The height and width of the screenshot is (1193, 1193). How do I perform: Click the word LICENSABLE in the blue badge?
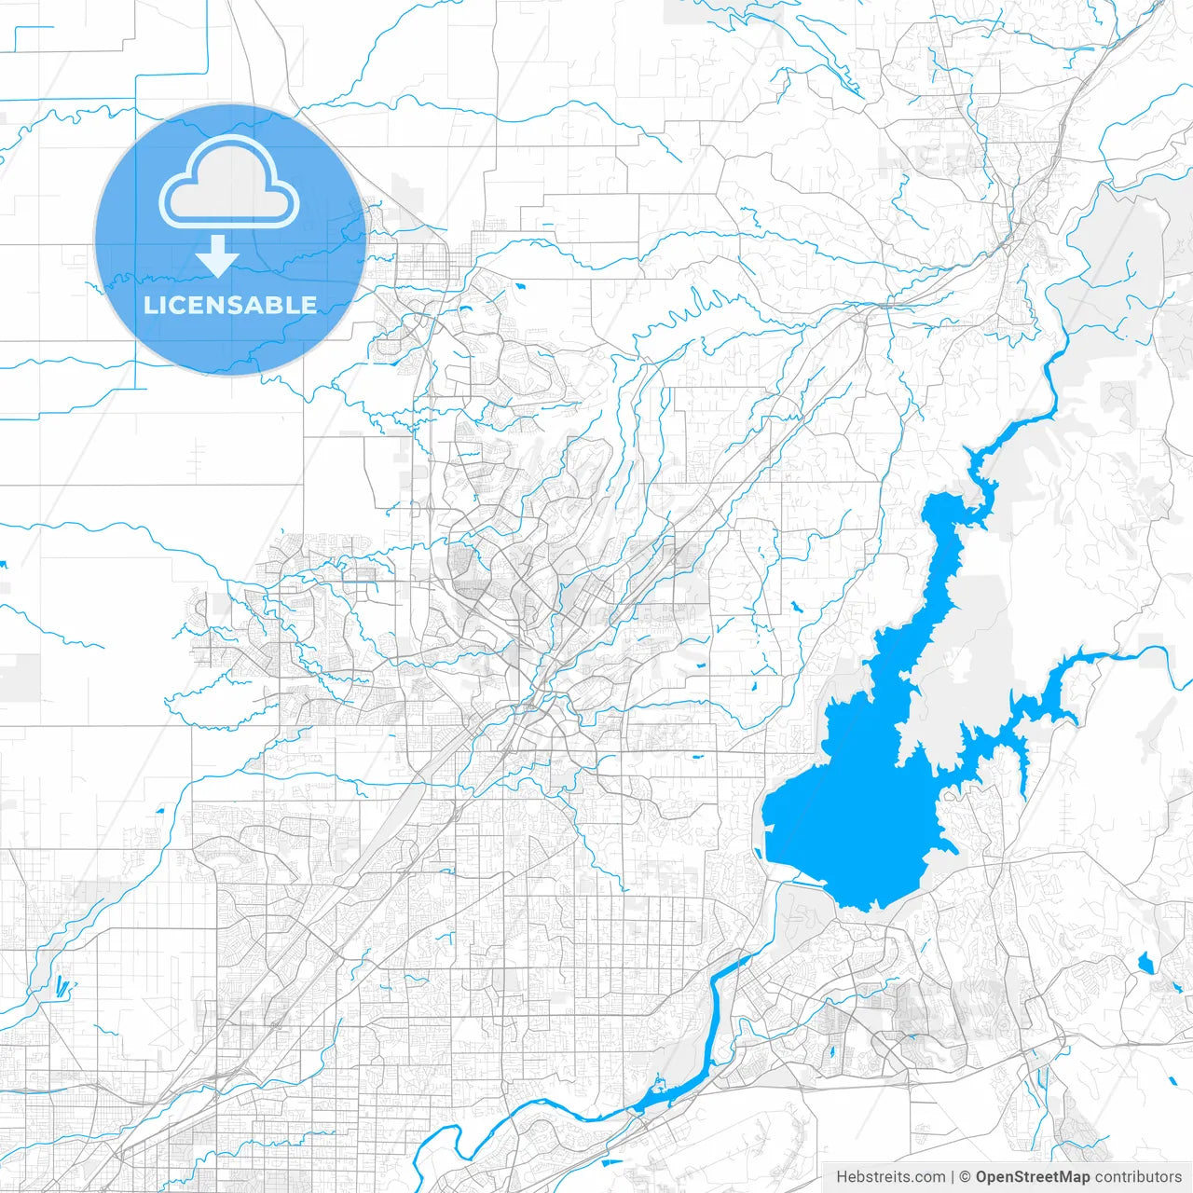(230, 305)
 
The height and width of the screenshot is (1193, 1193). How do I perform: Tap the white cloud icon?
(229, 183)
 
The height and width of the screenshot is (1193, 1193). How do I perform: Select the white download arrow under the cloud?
(217, 256)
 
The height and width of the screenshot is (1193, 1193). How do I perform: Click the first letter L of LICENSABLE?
(149, 305)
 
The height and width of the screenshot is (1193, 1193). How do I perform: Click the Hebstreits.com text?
(890, 1177)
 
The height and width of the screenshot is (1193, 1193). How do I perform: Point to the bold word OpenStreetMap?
(1033, 1177)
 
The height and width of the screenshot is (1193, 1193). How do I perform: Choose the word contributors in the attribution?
(1138, 1177)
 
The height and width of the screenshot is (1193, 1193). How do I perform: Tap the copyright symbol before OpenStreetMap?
(965, 1177)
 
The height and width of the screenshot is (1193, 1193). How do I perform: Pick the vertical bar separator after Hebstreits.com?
(952, 1177)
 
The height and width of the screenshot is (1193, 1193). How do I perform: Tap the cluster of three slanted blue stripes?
(62, 986)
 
